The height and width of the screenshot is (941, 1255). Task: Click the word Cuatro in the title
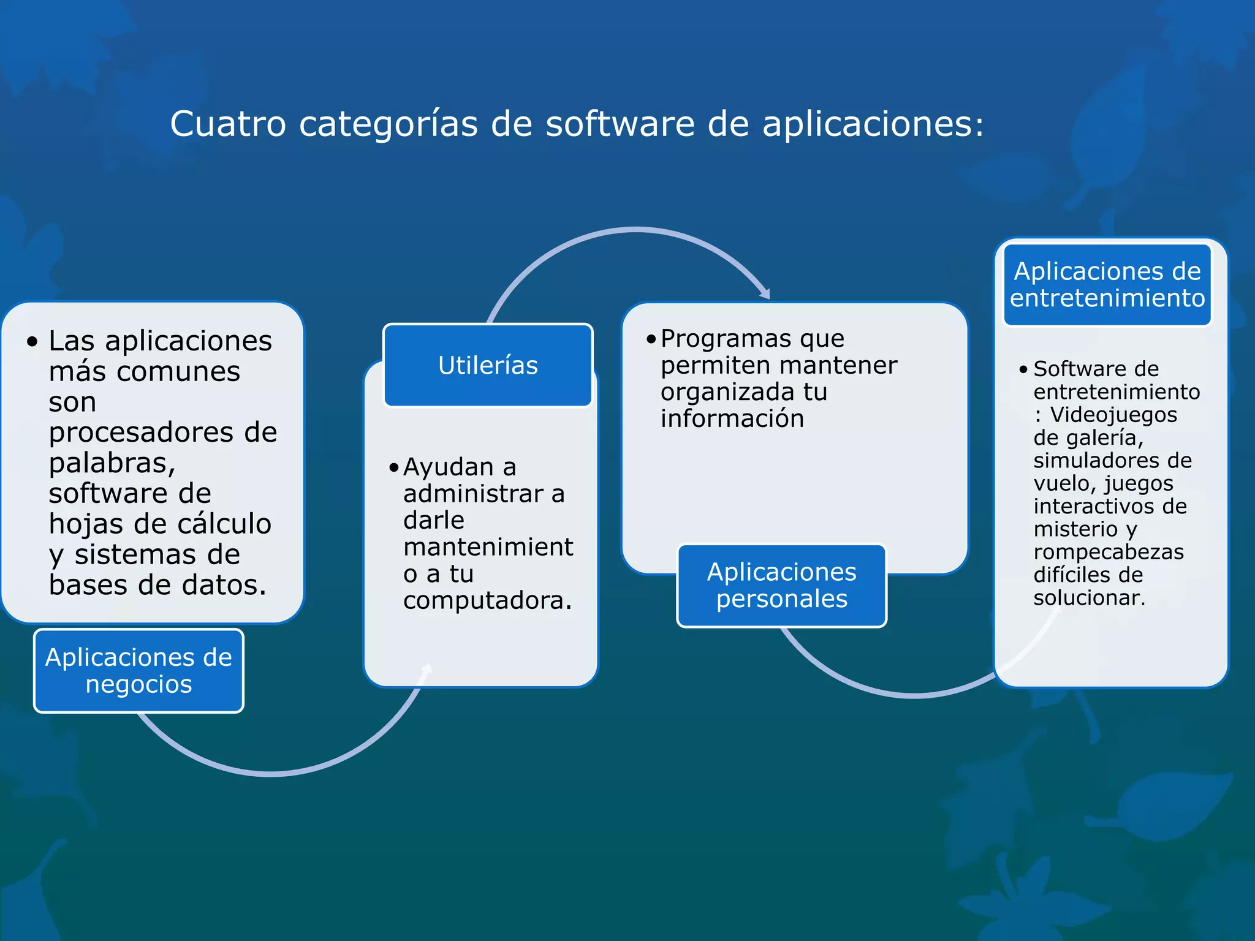[228, 124]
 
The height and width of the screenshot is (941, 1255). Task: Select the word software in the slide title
[620, 124]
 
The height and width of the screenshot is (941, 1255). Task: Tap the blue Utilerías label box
[488, 365]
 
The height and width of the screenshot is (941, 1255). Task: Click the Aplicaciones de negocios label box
[138, 670]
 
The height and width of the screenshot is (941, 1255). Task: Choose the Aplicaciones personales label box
[781, 585]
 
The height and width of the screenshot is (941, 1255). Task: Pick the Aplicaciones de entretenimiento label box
[1107, 284]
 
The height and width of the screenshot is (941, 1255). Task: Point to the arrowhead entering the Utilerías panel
[427, 670]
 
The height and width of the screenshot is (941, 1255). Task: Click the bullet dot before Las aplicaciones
[32, 341]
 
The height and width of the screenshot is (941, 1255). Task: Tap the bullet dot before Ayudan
[393, 469]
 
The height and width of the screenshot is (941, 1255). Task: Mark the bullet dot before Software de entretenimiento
[1023, 369]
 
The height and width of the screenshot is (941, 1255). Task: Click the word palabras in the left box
[112, 463]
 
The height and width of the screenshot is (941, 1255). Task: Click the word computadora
[487, 600]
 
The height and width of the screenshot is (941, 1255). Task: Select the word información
[732, 418]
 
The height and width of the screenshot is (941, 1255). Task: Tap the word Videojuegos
[1113, 415]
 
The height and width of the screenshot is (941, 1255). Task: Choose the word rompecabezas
[1109, 552]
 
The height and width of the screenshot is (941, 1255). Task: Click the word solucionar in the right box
[1089, 597]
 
